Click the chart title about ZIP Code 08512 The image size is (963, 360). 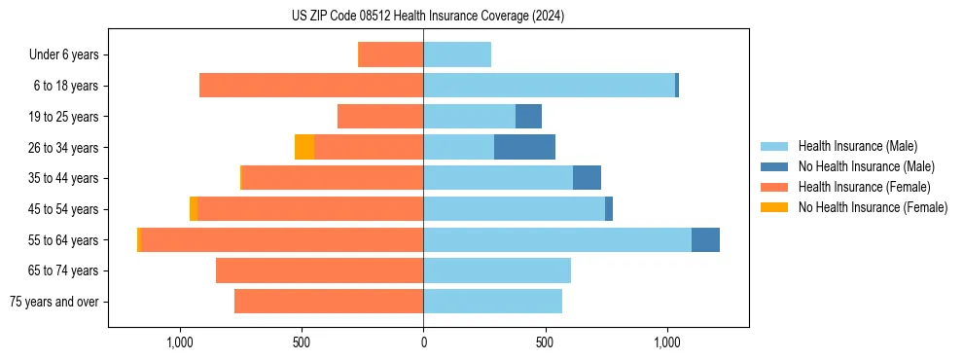pos(428,17)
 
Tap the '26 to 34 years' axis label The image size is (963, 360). pos(63,148)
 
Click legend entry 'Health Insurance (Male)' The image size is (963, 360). pos(857,146)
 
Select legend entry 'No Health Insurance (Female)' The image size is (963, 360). pos(873,207)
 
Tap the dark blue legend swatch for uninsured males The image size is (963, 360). pos(774,166)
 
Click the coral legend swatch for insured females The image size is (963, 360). pos(774,187)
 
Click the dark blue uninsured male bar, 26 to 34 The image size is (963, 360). pos(524,147)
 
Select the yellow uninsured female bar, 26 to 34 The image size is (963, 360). pos(304,147)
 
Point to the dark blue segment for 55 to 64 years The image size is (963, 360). pos(705,239)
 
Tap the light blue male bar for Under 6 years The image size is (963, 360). pos(457,54)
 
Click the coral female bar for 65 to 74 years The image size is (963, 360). pos(319,270)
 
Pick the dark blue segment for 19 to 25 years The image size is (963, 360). pos(528,116)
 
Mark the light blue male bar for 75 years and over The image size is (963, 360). pos(492,302)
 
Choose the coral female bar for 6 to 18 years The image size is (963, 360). pos(311,86)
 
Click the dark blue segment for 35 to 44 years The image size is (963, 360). pos(587,178)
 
